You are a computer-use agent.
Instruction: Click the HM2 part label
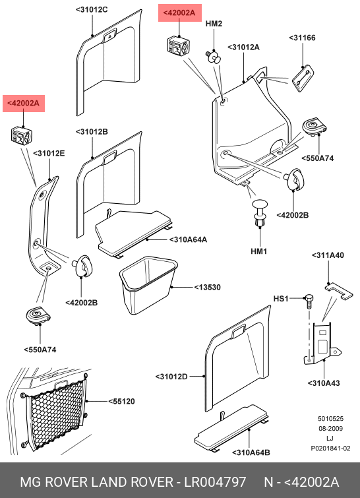coord(214,24)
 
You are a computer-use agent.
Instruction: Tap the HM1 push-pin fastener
coord(260,212)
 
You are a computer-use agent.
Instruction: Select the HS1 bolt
coord(309,301)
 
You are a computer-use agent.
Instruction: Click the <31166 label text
coord(302,38)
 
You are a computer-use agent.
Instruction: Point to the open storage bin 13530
coord(148,284)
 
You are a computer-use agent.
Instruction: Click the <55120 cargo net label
coord(121,402)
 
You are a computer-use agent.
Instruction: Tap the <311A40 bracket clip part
coord(339,291)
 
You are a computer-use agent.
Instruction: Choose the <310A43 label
coord(324,383)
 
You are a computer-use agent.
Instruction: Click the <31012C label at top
coord(92,10)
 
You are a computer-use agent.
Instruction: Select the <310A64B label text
coord(251,452)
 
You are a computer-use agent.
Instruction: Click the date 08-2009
coord(330,429)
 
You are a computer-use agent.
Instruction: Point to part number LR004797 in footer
coord(215,482)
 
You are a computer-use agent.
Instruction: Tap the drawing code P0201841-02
coord(330,448)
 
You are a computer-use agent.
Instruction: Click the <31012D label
coord(171,377)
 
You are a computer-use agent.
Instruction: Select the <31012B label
coord(92,131)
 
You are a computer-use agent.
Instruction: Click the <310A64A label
coord(188,239)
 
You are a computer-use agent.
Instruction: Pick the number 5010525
coord(330,419)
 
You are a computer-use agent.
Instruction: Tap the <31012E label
coord(49,154)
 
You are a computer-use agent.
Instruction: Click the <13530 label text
coord(207,287)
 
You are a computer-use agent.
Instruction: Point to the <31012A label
coord(243,47)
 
